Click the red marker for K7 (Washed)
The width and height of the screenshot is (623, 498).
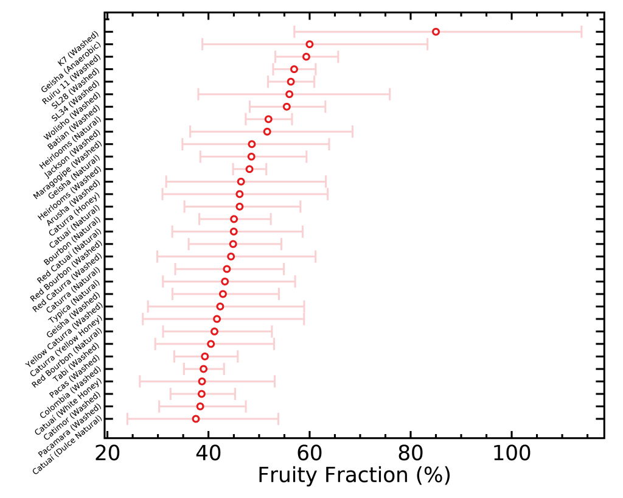click(x=436, y=32)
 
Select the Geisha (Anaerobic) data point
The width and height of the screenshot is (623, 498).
click(x=309, y=44)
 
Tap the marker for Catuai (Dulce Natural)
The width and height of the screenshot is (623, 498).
click(x=195, y=419)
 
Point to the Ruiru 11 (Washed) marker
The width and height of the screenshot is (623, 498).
click(x=306, y=57)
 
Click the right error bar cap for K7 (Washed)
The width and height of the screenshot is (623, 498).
click(x=582, y=32)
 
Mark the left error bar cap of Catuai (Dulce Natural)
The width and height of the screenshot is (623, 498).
click(x=127, y=419)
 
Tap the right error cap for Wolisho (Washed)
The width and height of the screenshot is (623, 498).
click(x=389, y=94)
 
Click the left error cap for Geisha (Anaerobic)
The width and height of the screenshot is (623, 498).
click(x=202, y=44)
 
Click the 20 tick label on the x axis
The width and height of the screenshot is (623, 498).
click(x=107, y=454)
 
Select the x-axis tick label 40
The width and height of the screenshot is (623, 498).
click(x=209, y=454)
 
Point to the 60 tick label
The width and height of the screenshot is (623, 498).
click(x=310, y=454)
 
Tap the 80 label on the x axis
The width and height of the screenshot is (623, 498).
click(x=411, y=454)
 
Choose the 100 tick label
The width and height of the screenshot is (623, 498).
click(x=512, y=454)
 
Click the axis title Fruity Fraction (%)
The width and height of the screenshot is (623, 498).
click(x=354, y=475)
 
